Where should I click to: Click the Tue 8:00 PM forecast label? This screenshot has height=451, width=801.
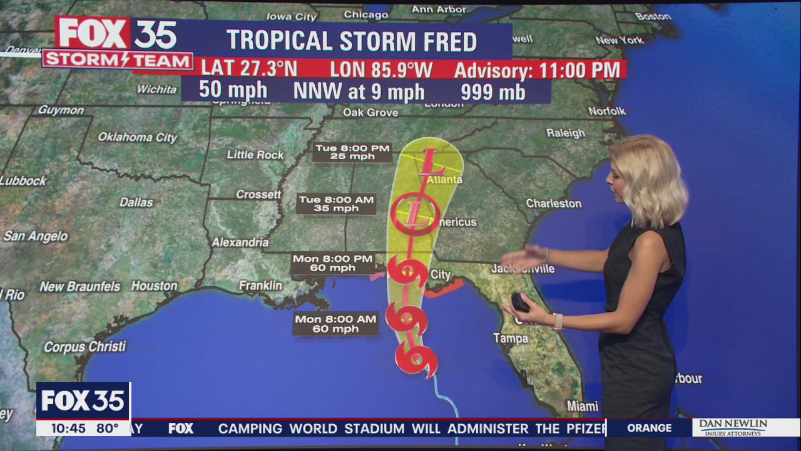[352, 152]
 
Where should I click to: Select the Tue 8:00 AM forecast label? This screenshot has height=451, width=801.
[336, 204]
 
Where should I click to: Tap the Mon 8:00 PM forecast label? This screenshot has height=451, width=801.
[334, 263]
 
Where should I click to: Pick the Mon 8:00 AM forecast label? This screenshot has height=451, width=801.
[335, 324]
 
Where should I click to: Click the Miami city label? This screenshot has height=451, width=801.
[583, 406]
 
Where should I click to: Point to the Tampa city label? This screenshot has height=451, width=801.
[510, 338]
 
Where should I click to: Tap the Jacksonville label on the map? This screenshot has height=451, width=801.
[523, 269]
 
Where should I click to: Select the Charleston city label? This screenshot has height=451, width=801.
[553, 204]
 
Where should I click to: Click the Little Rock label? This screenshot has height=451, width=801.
[255, 155]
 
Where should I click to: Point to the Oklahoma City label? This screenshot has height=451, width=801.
[138, 137]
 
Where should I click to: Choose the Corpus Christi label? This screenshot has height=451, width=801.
[85, 346]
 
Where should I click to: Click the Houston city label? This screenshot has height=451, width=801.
[154, 286]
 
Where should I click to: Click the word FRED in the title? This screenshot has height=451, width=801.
[448, 41]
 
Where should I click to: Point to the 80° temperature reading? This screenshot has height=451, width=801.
[107, 428]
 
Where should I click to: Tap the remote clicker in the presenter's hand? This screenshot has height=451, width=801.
[521, 303]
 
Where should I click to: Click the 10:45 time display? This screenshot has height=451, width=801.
[68, 428]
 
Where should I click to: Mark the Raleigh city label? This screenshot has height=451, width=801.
[565, 133]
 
